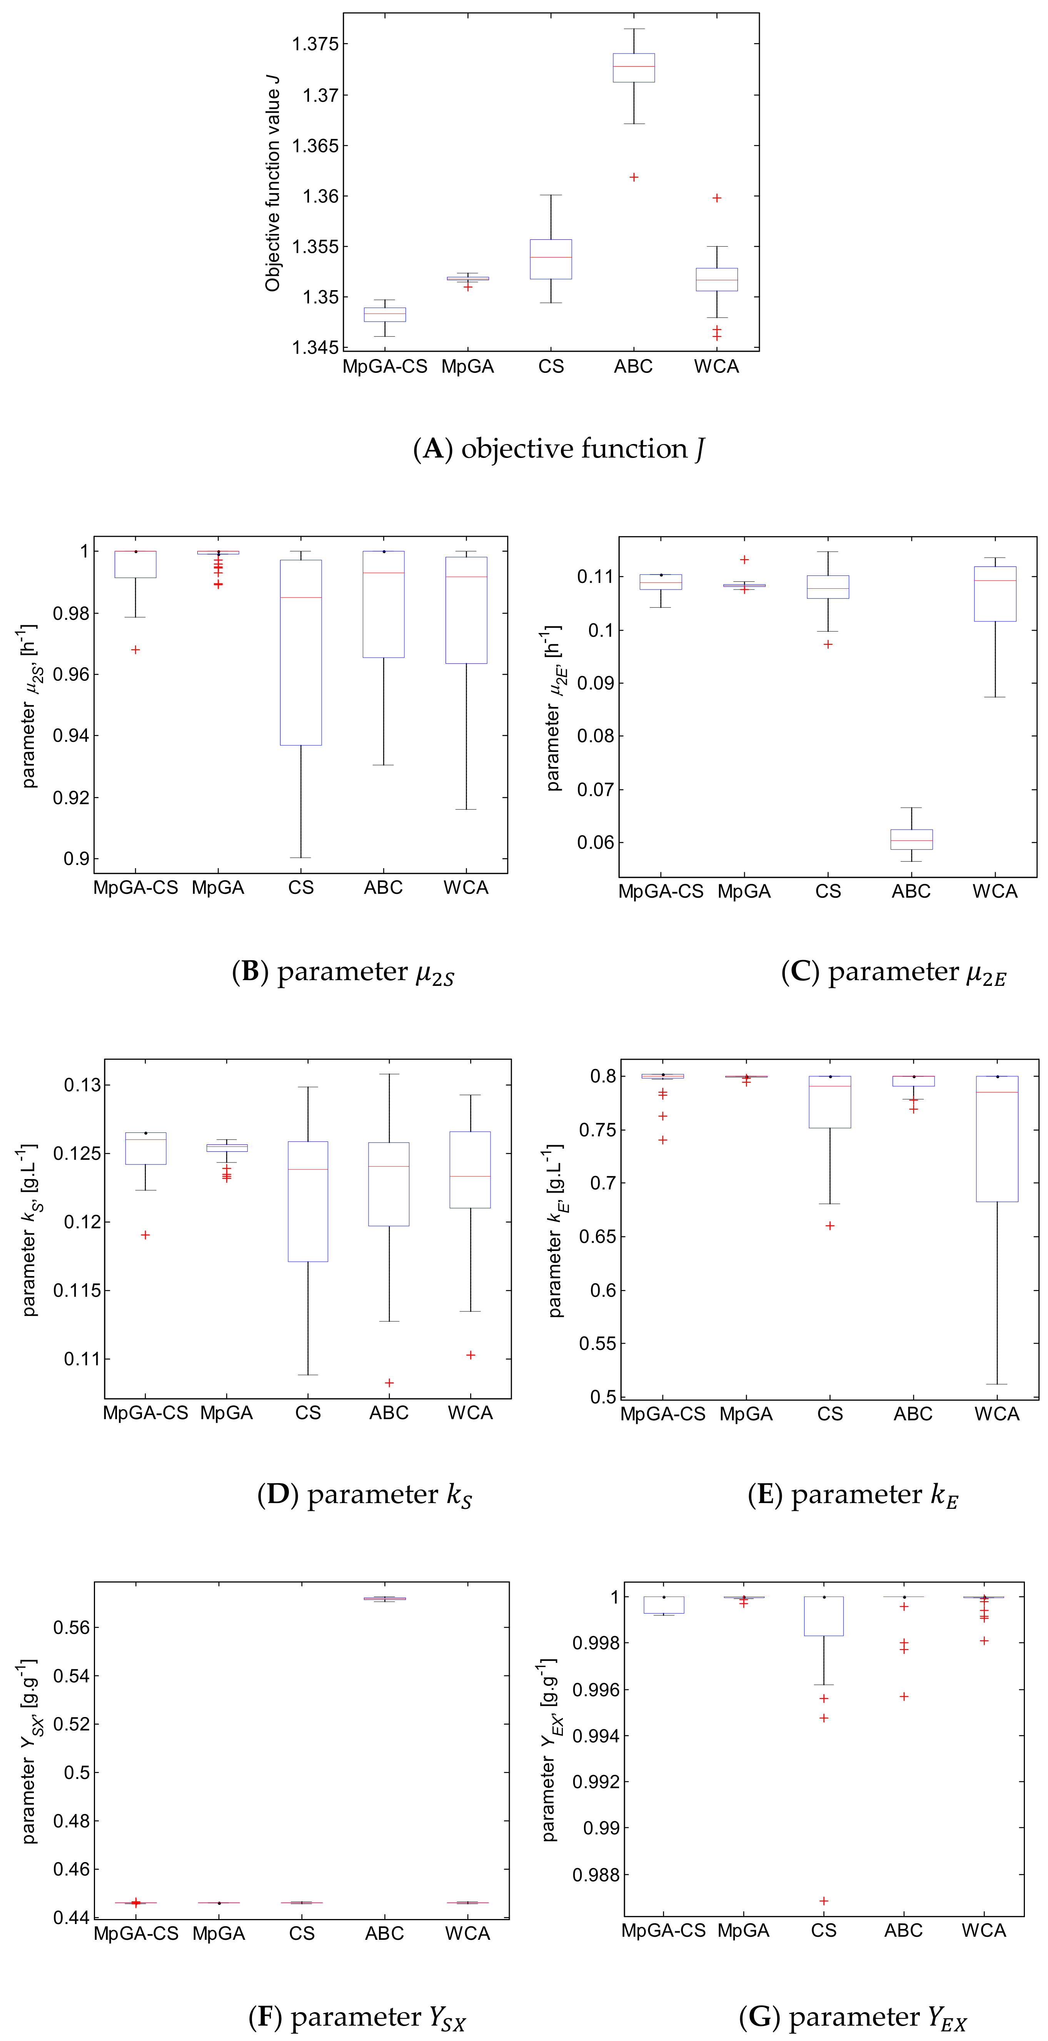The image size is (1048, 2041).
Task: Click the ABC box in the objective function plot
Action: pyautogui.click(x=634, y=67)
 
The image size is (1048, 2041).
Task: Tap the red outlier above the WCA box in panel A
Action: pyautogui.click(x=717, y=198)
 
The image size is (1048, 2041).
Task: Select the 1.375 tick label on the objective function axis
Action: pyautogui.click(x=315, y=44)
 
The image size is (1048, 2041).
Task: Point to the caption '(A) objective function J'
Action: pyautogui.click(x=559, y=449)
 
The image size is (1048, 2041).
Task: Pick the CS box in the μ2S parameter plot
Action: pyautogui.click(x=301, y=652)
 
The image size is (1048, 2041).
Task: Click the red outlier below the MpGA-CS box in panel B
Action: pyautogui.click(x=135, y=650)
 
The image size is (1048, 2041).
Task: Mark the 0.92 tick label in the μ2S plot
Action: pyautogui.click(x=71, y=798)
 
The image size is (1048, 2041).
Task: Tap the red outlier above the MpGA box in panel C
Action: pyautogui.click(x=744, y=560)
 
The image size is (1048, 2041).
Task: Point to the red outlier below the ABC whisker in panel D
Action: pyautogui.click(x=389, y=1383)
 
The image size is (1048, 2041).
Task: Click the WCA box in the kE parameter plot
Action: pyautogui.click(x=996, y=1139)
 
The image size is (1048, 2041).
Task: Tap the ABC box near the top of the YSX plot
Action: pyautogui.click(x=385, y=1598)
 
